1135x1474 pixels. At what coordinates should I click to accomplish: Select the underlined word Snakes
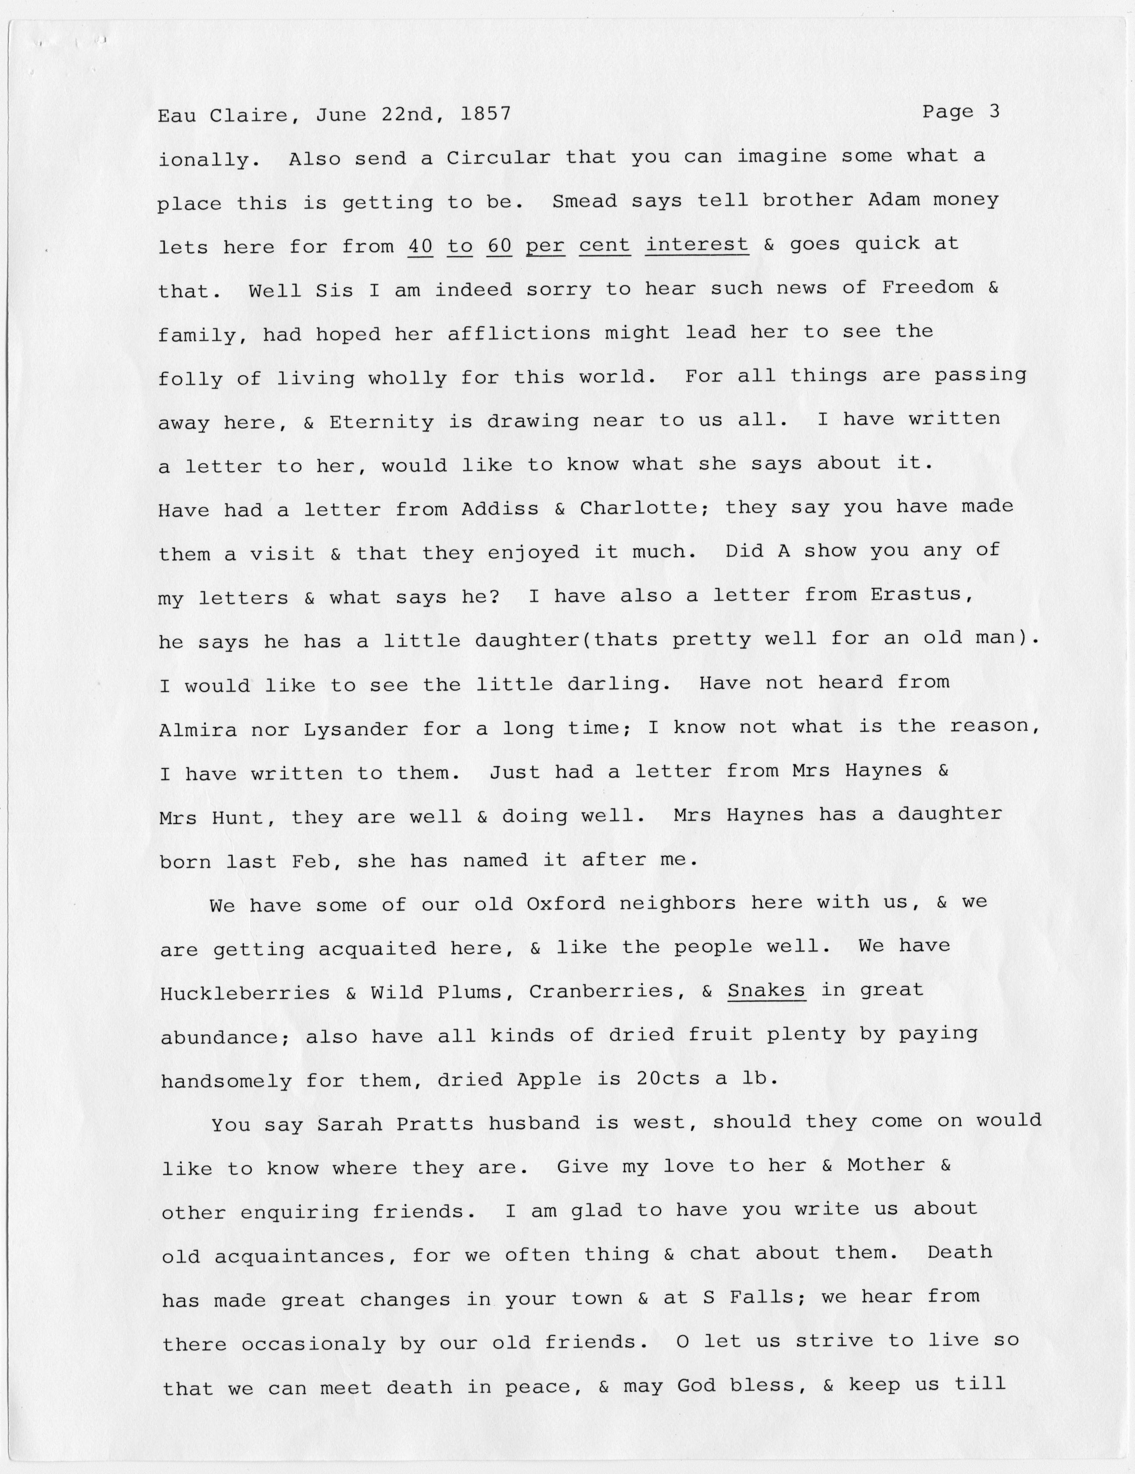[766, 990]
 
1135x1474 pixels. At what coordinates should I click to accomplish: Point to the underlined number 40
[420, 246]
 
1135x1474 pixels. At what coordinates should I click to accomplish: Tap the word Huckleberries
[245, 993]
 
